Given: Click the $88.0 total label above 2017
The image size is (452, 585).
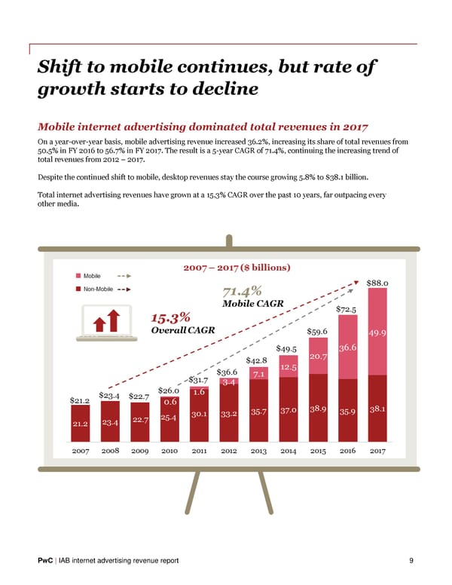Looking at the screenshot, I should pyautogui.click(x=377, y=283).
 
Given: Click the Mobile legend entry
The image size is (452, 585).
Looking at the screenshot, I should pyautogui.click(x=94, y=277).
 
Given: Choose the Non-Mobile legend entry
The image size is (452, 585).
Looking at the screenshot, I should pyautogui.click(x=98, y=288).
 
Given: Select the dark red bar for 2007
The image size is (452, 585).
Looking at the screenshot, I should pyautogui.click(x=81, y=424).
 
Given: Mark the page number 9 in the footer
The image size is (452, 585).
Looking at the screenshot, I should pyautogui.click(x=411, y=560).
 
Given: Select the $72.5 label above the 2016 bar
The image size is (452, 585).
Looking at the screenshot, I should pyautogui.click(x=347, y=308).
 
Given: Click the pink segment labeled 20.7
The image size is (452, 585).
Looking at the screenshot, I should pyautogui.click(x=318, y=356).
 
